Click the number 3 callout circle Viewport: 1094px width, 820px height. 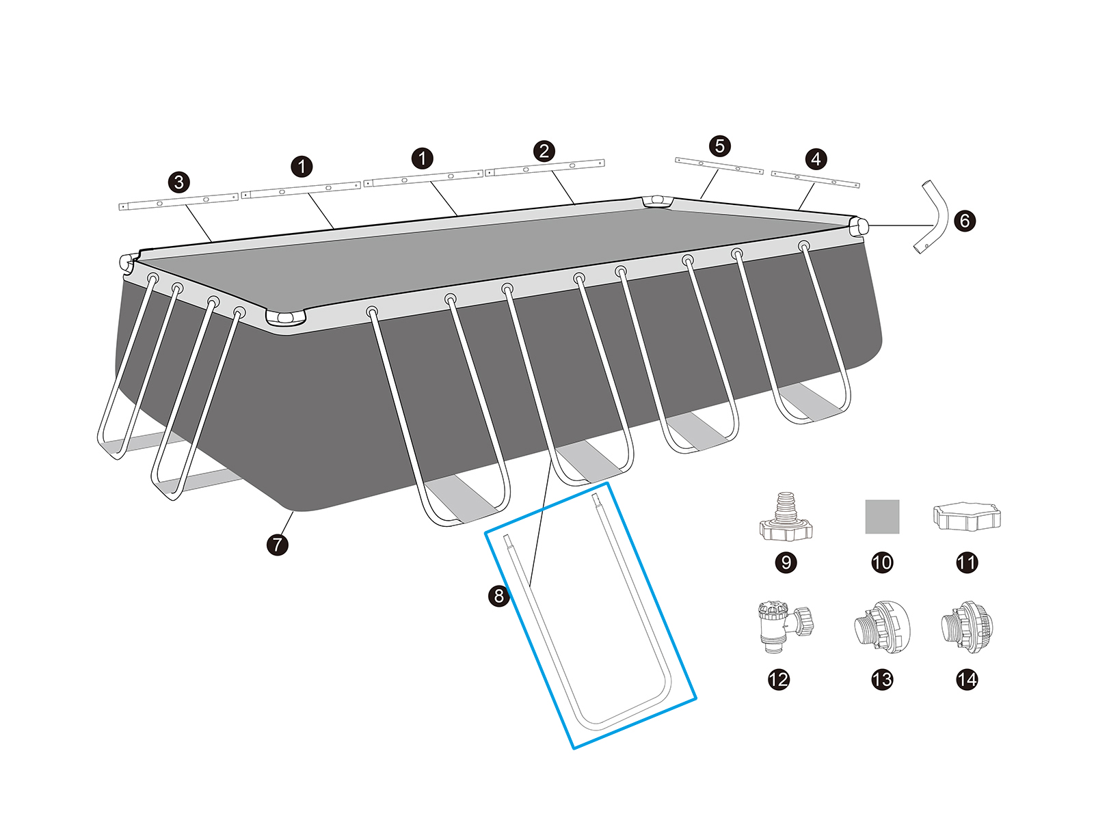click(x=179, y=182)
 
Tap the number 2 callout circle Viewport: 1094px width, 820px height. click(x=544, y=151)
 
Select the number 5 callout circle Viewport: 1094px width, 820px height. click(x=719, y=146)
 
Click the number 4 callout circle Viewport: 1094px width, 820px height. click(x=816, y=159)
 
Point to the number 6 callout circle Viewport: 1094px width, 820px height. click(x=965, y=221)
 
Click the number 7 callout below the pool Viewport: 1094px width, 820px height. click(x=277, y=545)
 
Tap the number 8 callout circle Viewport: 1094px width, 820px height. click(x=499, y=596)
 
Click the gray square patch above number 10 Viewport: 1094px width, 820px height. click(x=882, y=516)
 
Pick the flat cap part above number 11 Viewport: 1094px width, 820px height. click(x=966, y=517)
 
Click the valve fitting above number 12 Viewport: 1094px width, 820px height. click(x=783, y=623)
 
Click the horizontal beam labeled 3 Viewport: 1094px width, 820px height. click(x=179, y=202)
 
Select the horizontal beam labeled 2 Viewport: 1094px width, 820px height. click(x=545, y=168)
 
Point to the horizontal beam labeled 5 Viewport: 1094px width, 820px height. click(x=719, y=166)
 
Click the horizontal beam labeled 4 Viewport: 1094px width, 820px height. click(x=815, y=180)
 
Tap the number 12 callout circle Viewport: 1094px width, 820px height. click(x=779, y=679)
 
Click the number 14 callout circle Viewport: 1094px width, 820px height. click(x=967, y=679)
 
